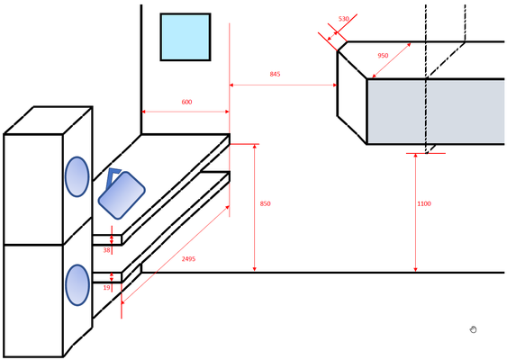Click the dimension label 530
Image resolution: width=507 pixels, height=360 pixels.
point(344,19)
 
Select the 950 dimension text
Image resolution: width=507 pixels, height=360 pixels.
point(383,55)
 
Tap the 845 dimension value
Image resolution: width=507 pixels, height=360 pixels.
point(275,74)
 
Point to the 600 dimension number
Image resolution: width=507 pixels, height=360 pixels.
point(186,102)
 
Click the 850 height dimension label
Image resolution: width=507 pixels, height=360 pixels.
point(265,203)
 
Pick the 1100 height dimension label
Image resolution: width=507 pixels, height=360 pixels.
point(424,203)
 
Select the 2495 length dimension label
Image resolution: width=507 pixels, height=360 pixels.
point(188,259)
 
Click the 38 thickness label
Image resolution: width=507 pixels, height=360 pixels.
point(106,250)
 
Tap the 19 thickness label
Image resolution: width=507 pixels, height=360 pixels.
point(106,287)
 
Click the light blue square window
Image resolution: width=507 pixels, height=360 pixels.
point(186,37)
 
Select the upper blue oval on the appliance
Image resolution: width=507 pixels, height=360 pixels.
point(77,176)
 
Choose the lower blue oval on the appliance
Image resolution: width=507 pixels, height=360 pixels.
point(77,285)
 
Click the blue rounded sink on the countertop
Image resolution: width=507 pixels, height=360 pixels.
point(122,195)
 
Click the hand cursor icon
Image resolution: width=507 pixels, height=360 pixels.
point(473,329)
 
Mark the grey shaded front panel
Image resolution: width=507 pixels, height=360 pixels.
point(436,112)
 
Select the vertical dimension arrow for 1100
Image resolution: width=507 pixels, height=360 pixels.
point(416,212)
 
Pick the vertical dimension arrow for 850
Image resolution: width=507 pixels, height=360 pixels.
point(255,208)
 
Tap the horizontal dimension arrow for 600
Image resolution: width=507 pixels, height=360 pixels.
point(186,112)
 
